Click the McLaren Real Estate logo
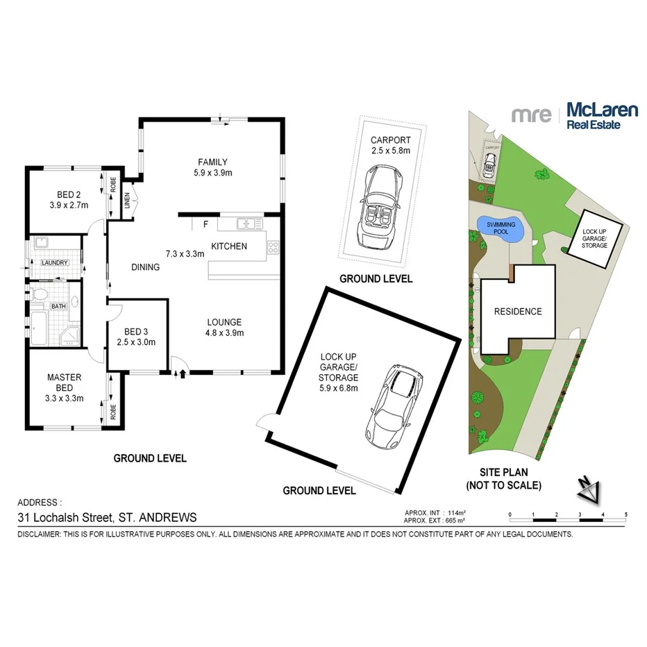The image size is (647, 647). [x=565, y=115]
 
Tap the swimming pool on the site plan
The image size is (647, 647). [x=501, y=228]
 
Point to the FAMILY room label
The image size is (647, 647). [x=212, y=162]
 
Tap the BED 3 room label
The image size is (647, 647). [x=136, y=331]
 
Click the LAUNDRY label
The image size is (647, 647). [x=54, y=263]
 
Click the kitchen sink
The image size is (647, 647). [x=246, y=224]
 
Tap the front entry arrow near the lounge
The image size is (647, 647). [x=183, y=375]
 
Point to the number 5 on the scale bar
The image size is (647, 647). [x=626, y=514]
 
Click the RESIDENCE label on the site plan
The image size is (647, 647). [x=517, y=312]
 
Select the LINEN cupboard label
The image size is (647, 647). [x=126, y=199]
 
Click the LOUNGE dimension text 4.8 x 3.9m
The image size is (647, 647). [x=224, y=333]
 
